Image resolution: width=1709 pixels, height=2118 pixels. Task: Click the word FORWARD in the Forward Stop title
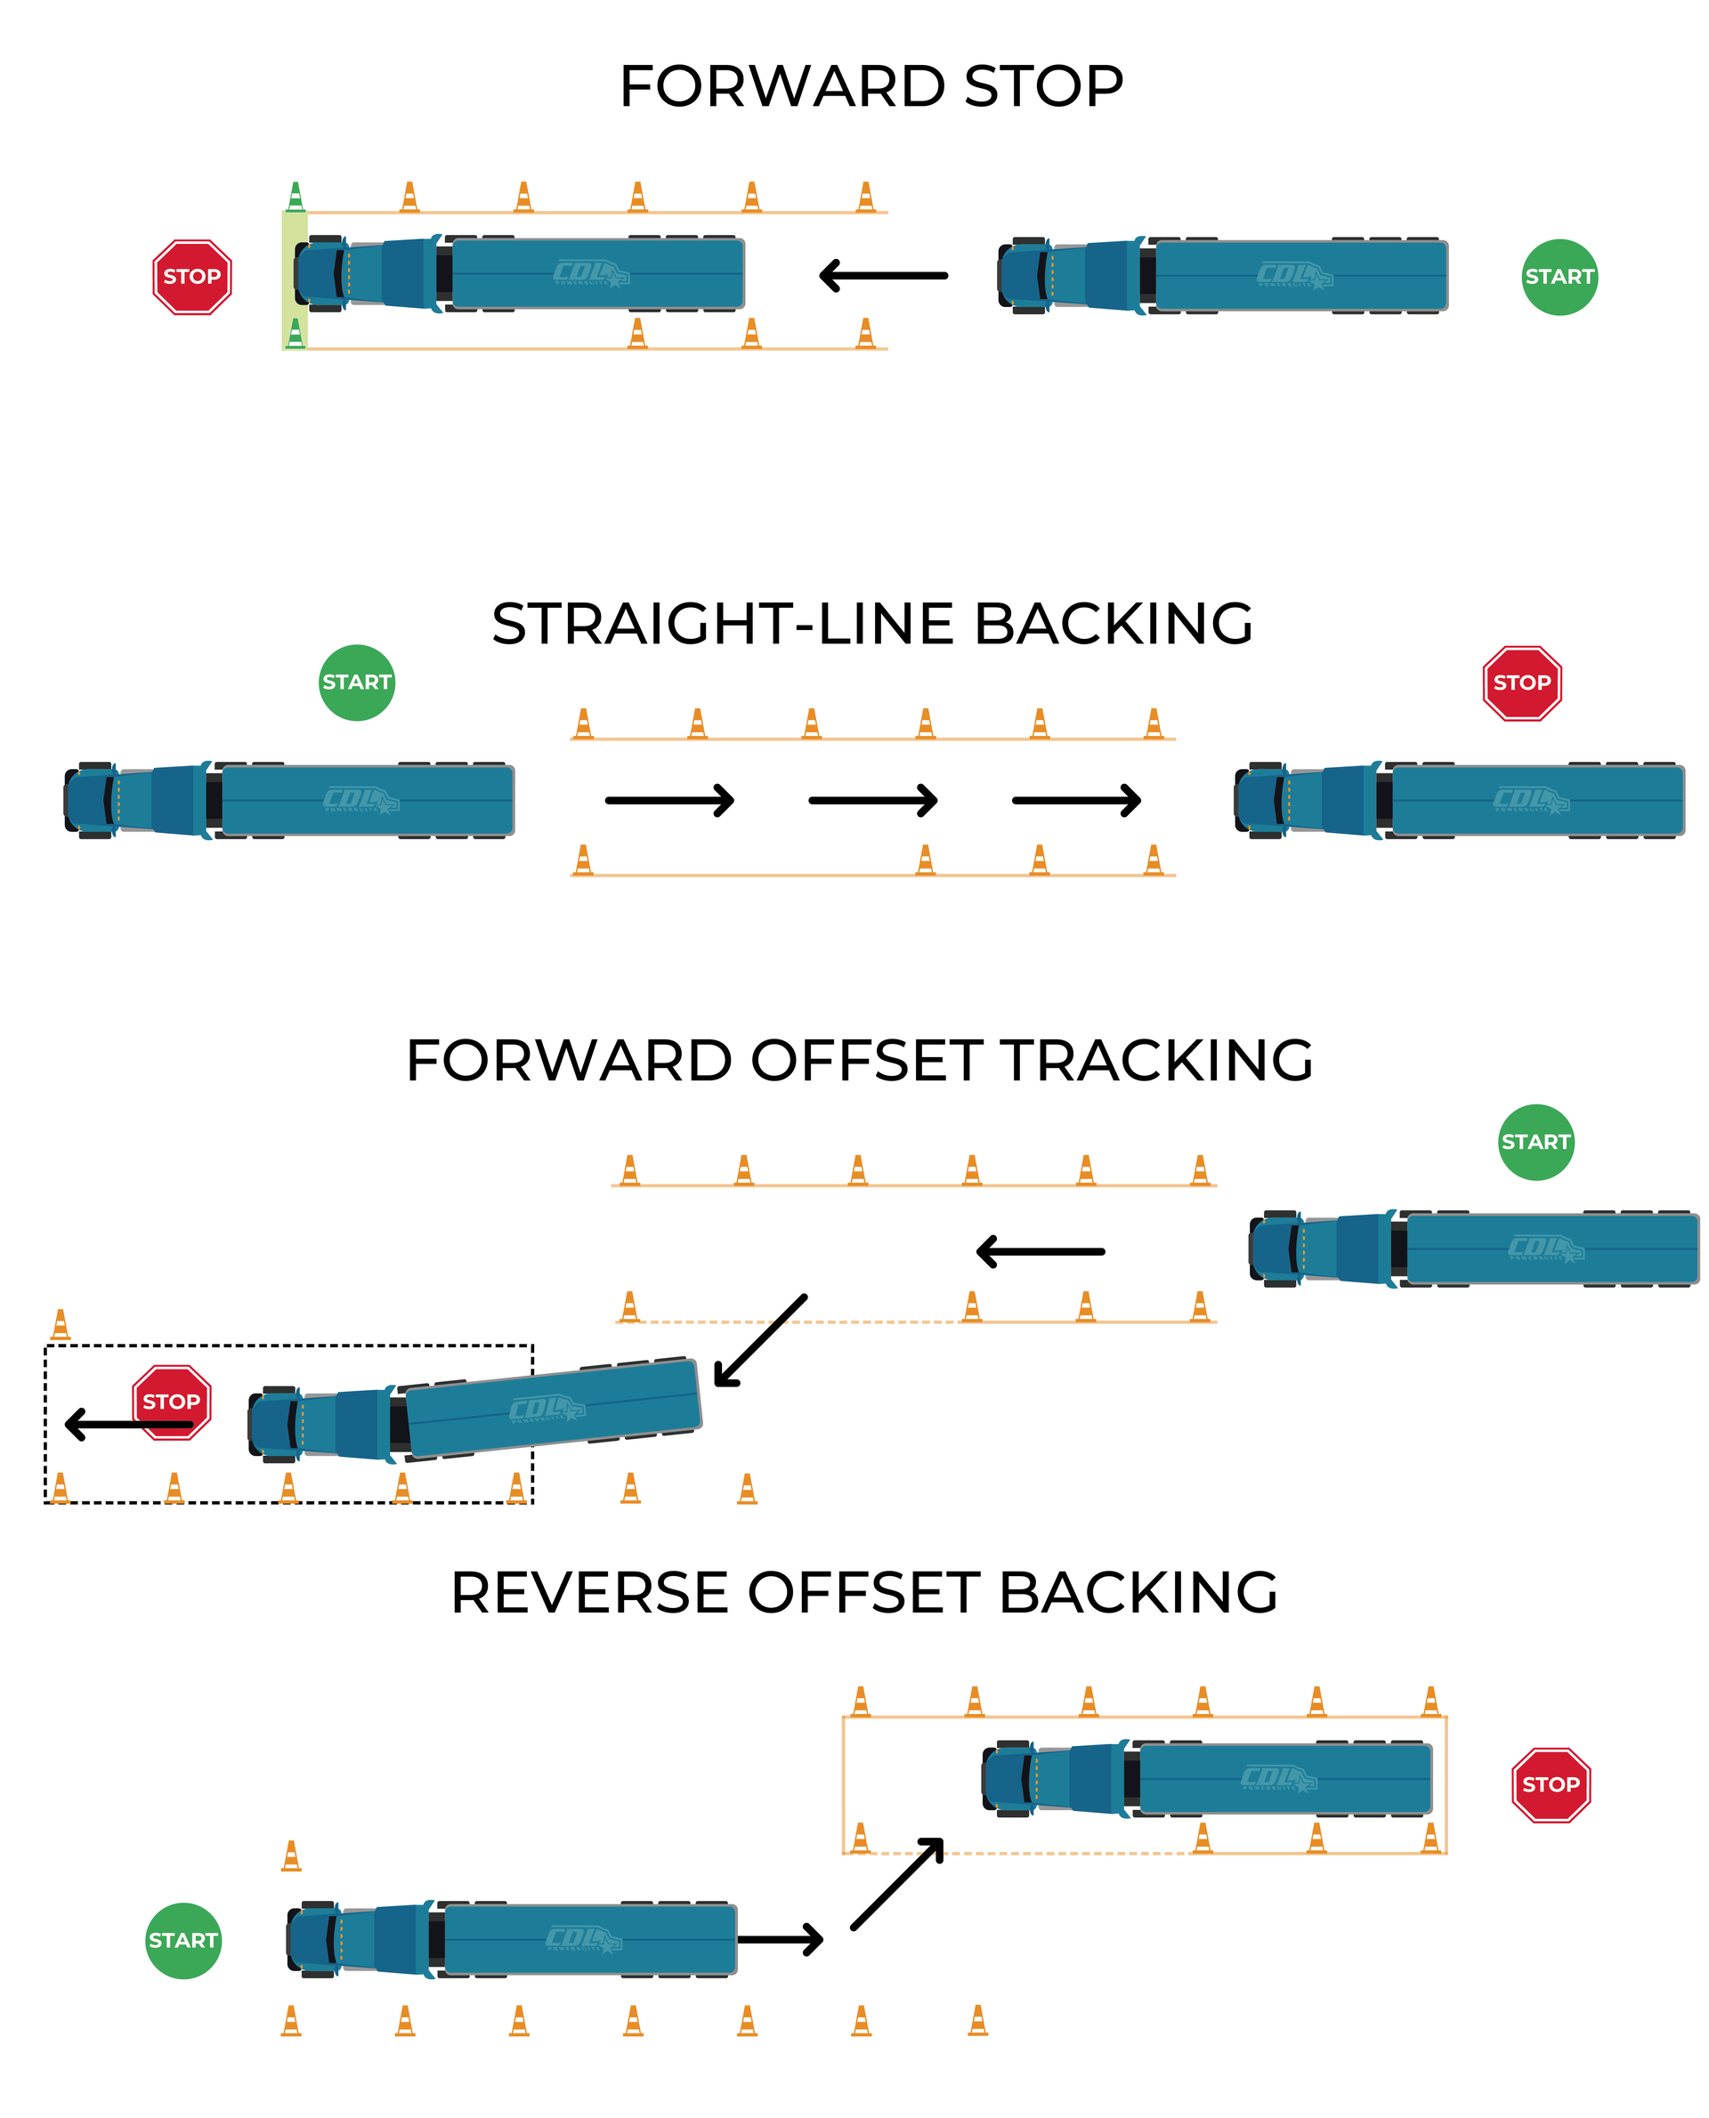click(782, 86)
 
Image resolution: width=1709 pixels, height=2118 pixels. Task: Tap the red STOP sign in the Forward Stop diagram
click(192, 277)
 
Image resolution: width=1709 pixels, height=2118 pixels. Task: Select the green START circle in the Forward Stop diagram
click(1559, 277)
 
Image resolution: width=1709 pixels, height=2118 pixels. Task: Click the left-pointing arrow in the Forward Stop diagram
click(883, 276)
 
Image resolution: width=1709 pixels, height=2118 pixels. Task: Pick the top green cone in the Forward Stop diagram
click(296, 197)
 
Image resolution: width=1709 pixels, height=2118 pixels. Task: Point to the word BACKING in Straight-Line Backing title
click(1113, 624)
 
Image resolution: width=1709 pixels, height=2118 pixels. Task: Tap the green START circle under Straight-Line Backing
click(356, 682)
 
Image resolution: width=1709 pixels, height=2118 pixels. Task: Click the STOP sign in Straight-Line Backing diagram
click(1522, 682)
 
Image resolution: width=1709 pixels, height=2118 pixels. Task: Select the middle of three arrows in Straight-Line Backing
click(872, 800)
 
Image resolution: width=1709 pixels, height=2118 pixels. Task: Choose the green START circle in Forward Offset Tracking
click(1535, 1142)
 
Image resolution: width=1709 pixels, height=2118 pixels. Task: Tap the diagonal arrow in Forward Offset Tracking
click(760, 1340)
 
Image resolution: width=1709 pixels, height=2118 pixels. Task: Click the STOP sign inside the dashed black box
click(171, 1402)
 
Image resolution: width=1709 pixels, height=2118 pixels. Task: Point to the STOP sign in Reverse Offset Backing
click(1551, 1784)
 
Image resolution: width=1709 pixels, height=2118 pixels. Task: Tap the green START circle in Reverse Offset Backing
click(183, 1940)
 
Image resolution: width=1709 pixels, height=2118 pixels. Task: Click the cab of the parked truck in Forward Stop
click(325, 273)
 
